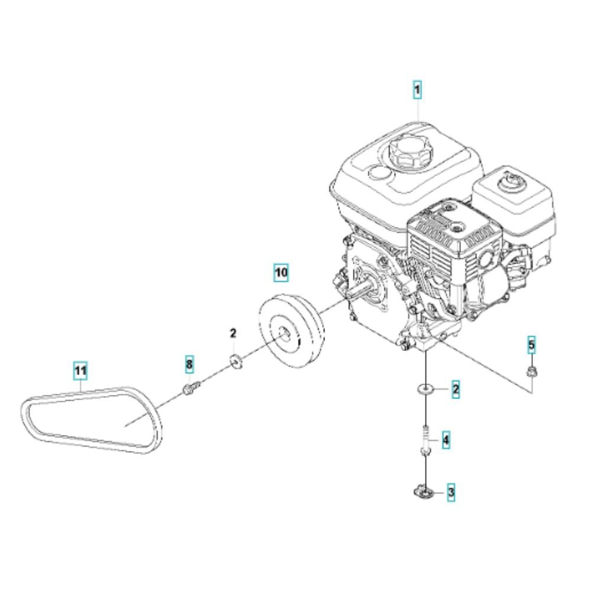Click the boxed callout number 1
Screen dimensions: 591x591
click(x=417, y=90)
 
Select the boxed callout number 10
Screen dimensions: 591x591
click(x=281, y=272)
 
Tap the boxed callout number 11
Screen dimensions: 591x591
click(x=80, y=371)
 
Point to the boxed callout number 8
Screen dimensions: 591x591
click(x=189, y=364)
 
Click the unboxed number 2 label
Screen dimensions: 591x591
click(x=233, y=333)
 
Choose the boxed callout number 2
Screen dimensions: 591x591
click(x=455, y=389)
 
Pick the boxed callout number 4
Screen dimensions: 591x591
click(x=446, y=440)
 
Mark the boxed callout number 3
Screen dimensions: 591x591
click(x=451, y=492)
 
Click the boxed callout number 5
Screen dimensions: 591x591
click(x=531, y=345)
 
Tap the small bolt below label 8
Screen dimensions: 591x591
click(x=191, y=388)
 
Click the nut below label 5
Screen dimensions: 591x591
click(x=531, y=372)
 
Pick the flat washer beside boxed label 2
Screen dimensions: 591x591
click(x=425, y=388)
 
